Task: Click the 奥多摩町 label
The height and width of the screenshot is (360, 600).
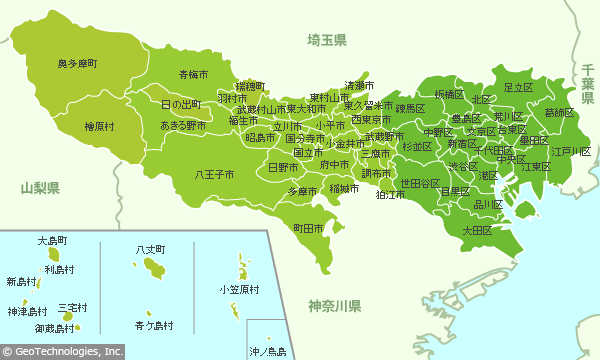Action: (x=77, y=64)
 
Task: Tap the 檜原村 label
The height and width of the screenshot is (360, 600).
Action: (x=99, y=127)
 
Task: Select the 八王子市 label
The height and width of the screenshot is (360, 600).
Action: (x=215, y=174)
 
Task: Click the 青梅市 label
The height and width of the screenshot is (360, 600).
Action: (x=193, y=75)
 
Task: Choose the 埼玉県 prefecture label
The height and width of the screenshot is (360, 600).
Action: (x=327, y=40)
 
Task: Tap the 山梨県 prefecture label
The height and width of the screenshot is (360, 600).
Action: (x=40, y=188)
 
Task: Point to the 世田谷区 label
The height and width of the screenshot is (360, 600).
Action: (x=420, y=184)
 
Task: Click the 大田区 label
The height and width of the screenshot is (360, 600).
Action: (x=476, y=230)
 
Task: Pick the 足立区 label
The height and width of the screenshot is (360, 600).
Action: (x=518, y=88)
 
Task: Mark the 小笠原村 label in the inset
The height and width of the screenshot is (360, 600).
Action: (x=239, y=290)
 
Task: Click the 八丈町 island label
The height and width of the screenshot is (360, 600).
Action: (x=151, y=248)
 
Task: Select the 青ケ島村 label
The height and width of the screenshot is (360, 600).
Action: (x=153, y=326)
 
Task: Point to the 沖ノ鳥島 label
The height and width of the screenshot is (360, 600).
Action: (x=267, y=351)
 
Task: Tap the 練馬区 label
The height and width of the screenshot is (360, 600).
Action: (x=410, y=108)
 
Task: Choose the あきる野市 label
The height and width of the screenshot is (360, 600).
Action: (x=184, y=126)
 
